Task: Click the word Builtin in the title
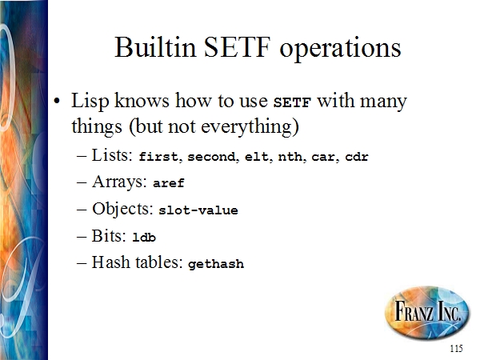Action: tap(155, 47)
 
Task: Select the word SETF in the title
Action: tap(238, 47)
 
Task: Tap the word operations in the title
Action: tap(340, 49)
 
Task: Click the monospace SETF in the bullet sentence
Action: tap(292, 102)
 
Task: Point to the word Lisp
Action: tap(90, 101)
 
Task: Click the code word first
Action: tap(158, 157)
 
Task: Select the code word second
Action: tap(211, 157)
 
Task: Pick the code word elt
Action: tap(257, 157)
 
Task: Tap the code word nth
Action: tap(290, 157)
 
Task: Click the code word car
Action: tap(323, 158)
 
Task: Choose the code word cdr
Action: tap(357, 157)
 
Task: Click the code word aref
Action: tap(169, 183)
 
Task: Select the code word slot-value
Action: tap(198, 210)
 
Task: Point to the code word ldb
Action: tap(144, 238)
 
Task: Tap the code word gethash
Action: tap(216, 264)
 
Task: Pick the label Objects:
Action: tap(122, 209)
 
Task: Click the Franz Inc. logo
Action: tap(427, 312)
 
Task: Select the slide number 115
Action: tap(457, 348)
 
